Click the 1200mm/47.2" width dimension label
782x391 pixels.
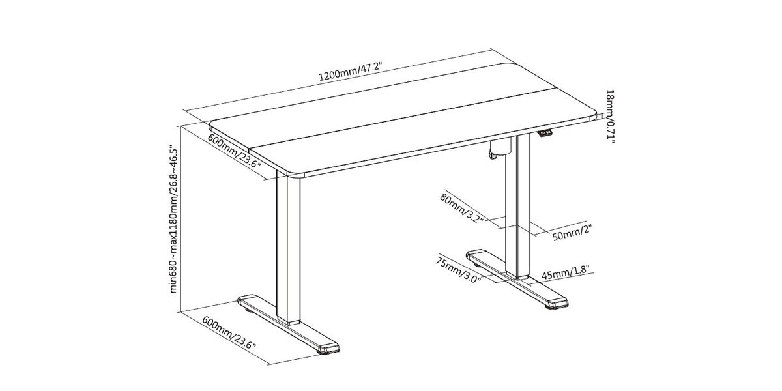tap(351, 71)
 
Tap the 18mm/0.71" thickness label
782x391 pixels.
tap(610, 116)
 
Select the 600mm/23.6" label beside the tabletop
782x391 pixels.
tap(234, 151)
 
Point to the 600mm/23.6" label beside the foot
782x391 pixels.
tap(229, 333)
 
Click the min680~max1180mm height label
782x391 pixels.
tap(173, 220)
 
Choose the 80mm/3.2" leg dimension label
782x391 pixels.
tap(461, 208)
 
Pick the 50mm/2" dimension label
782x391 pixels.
tap(572, 233)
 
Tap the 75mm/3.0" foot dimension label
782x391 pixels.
tap(458, 270)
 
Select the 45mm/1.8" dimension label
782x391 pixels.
tap(565, 272)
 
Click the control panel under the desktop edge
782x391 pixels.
tap(545, 133)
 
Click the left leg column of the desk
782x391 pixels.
tap(288, 248)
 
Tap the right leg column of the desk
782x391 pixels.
tap(517, 206)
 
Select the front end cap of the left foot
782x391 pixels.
tap(328, 348)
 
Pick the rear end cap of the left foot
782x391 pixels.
tap(248, 300)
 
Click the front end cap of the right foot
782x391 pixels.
tap(557, 302)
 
